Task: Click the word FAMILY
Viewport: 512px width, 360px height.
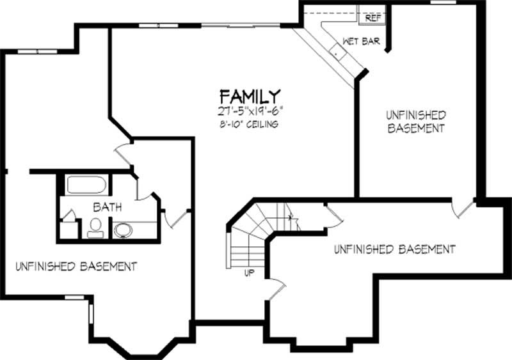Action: (x=250, y=97)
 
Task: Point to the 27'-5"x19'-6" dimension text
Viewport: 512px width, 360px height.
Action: (x=250, y=111)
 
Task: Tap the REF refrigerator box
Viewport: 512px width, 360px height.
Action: (x=372, y=18)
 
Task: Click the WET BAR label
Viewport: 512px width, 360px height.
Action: (x=362, y=42)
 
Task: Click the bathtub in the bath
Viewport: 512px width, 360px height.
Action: (x=86, y=185)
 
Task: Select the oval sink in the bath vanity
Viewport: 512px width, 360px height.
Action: (x=122, y=230)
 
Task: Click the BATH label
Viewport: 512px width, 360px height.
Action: (x=108, y=208)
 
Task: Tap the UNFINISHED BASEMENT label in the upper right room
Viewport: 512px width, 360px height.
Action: (x=415, y=121)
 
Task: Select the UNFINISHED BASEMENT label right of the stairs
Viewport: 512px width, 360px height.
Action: (x=394, y=249)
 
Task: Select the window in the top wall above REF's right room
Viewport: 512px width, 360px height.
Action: (x=442, y=3)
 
